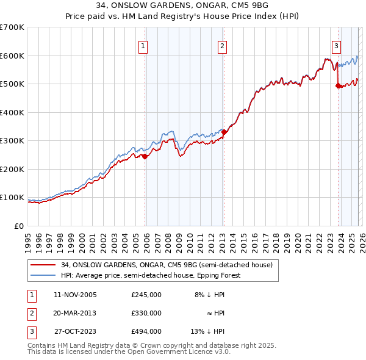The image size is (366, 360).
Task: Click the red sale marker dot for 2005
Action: click(145, 156)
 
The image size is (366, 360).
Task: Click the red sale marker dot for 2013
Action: click(224, 132)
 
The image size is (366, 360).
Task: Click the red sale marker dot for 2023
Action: click(338, 86)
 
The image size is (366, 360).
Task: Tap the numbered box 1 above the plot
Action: click(143, 45)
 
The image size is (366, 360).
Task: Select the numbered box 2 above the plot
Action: click(222, 45)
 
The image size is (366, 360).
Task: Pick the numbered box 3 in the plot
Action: click(336, 45)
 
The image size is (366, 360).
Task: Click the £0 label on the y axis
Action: click(18, 226)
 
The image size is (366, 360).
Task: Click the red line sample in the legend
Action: click(44, 265)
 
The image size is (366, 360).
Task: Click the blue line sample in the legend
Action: click(44, 275)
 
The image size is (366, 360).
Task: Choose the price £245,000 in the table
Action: click(146, 295)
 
